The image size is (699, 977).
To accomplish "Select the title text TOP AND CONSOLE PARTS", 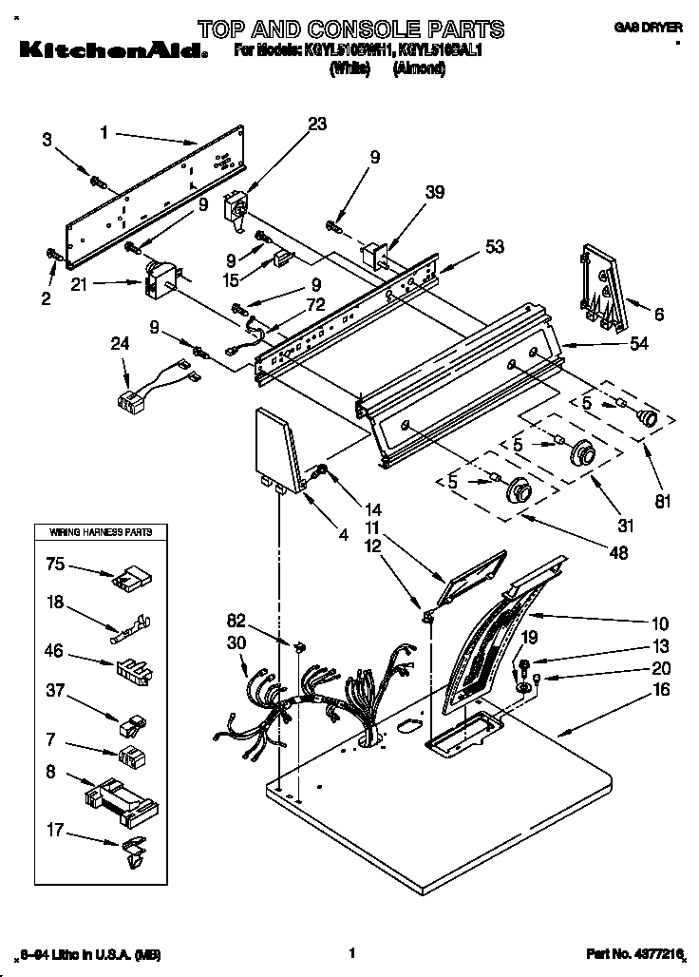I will [350, 29].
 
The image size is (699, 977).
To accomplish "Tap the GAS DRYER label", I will [649, 29].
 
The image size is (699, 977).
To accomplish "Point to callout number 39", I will [434, 190].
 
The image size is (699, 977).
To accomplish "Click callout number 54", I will [639, 343].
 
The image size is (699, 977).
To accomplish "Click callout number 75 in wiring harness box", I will [56, 564].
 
